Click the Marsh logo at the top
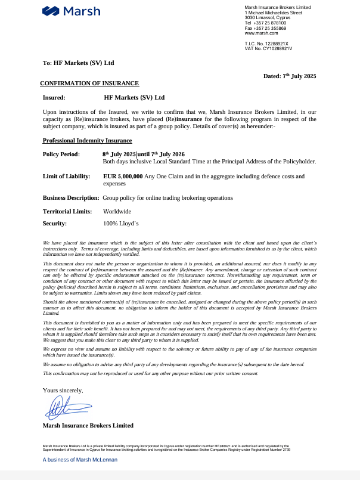pos(72,11)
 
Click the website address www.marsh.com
pos(258,33)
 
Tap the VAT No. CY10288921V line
pos(268,48)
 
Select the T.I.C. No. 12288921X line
pos(266,44)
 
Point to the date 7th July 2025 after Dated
pos(299,76)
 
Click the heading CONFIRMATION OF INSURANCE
pos(89,83)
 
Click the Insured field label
pos(54,97)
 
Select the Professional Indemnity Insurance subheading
pos(88,141)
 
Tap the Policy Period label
pos(61,154)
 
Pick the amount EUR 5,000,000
pos(123,176)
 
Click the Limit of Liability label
pos(67,176)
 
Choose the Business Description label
pos(71,197)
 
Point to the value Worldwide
pos(117,211)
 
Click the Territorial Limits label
pos(67,211)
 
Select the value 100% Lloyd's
pos(120,224)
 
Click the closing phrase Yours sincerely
pos(63,390)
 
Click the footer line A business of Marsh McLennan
pos(80,460)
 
